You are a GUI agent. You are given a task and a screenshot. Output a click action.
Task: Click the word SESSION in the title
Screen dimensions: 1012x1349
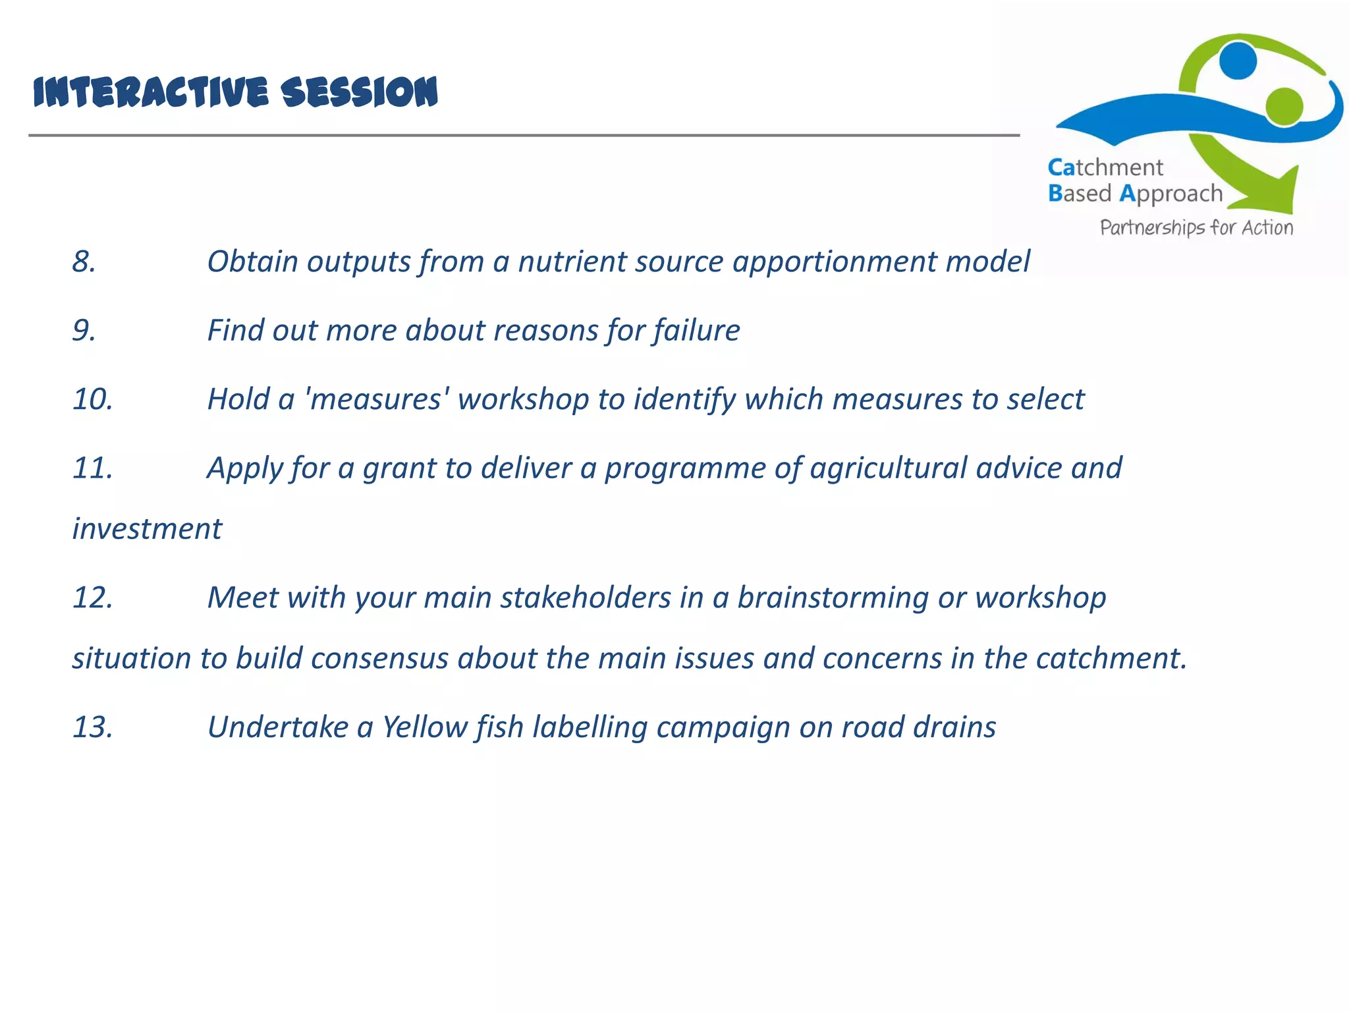(x=359, y=92)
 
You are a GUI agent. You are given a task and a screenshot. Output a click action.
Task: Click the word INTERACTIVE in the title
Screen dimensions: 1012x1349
(x=151, y=92)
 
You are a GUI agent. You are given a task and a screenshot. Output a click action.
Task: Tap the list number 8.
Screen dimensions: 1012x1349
(x=84, y=262)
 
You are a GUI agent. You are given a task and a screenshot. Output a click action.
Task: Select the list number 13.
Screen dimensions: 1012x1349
(x=92, y=727)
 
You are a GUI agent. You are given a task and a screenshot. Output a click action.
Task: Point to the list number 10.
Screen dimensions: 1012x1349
(x=92, y=399)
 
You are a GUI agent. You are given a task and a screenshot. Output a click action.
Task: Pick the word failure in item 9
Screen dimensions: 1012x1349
(x=696, y=331)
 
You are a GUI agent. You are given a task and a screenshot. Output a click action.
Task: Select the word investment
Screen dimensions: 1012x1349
(x=147, y=529)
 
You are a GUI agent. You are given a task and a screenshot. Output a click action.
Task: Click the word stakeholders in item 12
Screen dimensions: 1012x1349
(x=586, y=598)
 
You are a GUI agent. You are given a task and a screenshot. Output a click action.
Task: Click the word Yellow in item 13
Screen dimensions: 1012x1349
(x=426, y=727)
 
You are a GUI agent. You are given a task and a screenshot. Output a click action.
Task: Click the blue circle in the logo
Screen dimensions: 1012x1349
(x=1238, y=60)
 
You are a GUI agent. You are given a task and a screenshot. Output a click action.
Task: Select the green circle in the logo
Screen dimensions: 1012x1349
(x=1284, y=105)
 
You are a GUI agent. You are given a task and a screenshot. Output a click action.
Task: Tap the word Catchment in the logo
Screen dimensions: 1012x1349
(x=1105, y=167)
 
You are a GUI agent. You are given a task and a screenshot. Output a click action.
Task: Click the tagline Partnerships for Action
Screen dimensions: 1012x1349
(x=1196, y=228)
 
